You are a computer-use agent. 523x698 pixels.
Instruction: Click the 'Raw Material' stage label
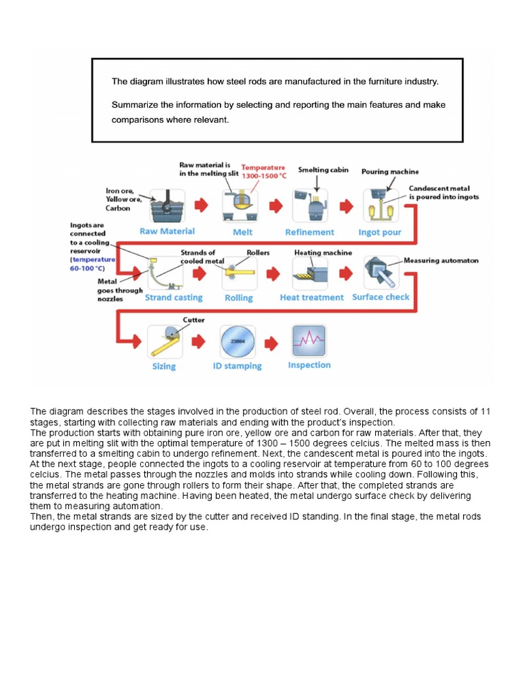pyautogui.click(x=167, y=232)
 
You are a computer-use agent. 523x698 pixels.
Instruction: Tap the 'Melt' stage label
pyautogui.click(x=242, y=232)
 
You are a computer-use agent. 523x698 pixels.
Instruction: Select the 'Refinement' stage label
pyautogui.click(x=309, y=232)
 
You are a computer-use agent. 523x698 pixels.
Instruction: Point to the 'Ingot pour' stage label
pyautogui.click(x=380, y=232)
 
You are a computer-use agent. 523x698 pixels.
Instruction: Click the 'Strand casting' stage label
pyautogui.click(x=174, y=297)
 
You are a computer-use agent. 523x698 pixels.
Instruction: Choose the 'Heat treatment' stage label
pyautogui.click(x=312, y=297)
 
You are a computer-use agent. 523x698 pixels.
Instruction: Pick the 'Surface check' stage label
pyautogui.click(x=381, y=297)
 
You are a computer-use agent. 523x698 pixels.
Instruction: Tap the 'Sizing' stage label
pyautogui.click(x=163, y=366)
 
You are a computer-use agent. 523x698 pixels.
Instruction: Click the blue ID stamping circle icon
pyautogui.click(x=237, y=341)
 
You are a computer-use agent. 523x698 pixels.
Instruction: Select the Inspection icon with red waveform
pyautogui.click(x=309, y=341)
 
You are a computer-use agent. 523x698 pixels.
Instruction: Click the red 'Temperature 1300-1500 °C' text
pyautogui.click(x=264, y=171)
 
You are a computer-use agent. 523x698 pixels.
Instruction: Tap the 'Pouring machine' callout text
pyautogui.click(x=390, y=172)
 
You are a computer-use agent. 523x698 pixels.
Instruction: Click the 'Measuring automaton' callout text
pyautogui.click(x=441, y=260)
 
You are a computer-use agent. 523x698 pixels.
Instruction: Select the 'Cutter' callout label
pyautogui.click(x=193, y=319)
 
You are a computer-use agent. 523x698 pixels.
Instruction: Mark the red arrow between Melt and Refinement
pyautogui.click(x=276, y=205)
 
